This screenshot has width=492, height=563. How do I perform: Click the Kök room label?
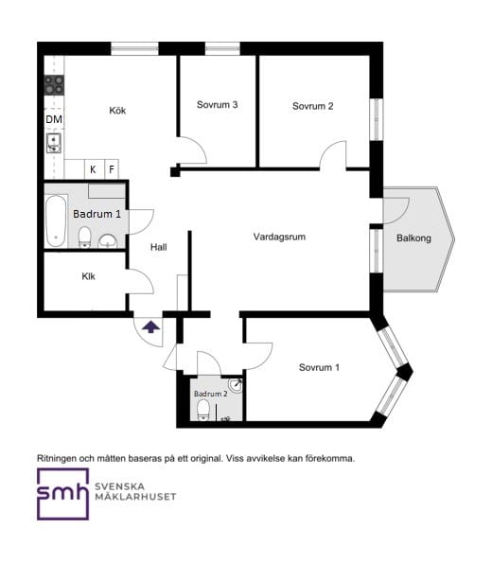117,110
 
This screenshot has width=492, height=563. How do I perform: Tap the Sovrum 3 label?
217,105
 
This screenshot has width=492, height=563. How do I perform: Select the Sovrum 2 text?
312,106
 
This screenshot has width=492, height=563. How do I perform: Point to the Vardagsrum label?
279,237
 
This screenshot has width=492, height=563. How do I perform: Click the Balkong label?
413,238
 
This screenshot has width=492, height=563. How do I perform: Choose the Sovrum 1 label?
319,367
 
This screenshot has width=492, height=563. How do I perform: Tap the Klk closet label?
88,276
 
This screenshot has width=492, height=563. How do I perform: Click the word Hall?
158,247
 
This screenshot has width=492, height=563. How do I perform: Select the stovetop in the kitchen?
54,85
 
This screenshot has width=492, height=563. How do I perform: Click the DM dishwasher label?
54,119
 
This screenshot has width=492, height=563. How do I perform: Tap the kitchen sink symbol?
54,143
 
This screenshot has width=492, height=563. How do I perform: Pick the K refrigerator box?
94,169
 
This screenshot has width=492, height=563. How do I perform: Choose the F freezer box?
112,169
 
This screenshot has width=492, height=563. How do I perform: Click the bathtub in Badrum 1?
56,220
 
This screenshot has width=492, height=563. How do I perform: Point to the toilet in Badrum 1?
85,237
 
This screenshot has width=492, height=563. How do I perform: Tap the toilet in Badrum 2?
203,410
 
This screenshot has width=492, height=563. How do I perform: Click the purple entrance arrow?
151,327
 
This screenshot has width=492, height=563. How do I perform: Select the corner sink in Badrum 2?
236,384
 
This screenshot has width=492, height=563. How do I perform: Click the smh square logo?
62,494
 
